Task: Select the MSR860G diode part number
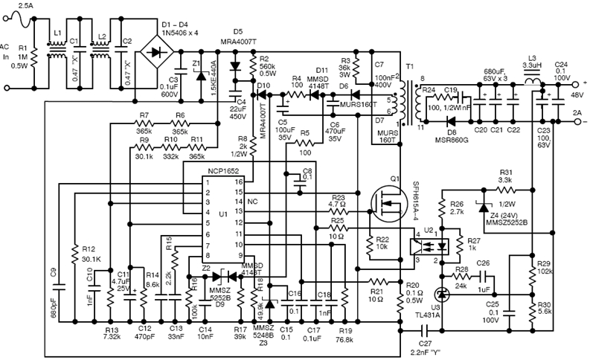pyautogui.click(x=452, y=140)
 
